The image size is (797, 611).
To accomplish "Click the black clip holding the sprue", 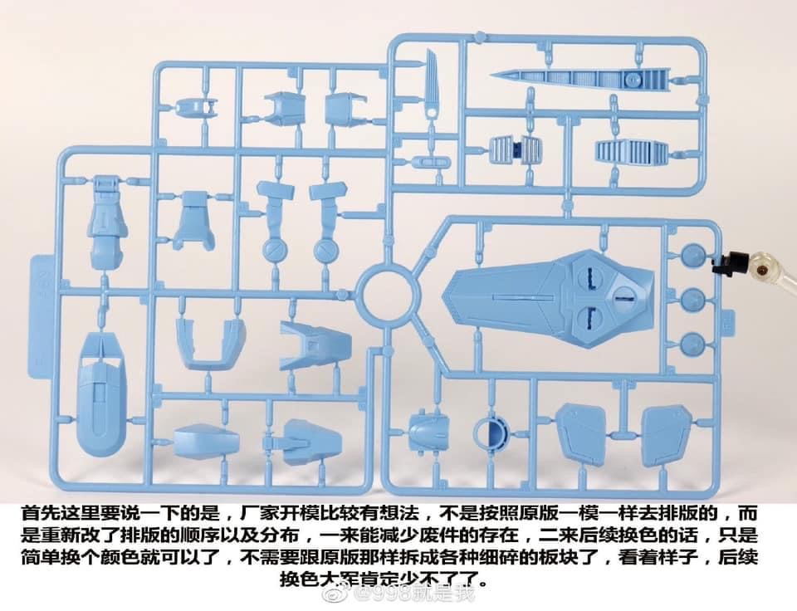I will pos(731,263).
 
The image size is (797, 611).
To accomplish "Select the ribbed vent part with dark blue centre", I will pos(517,150).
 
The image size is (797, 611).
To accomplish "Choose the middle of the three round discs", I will pos(692,299).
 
